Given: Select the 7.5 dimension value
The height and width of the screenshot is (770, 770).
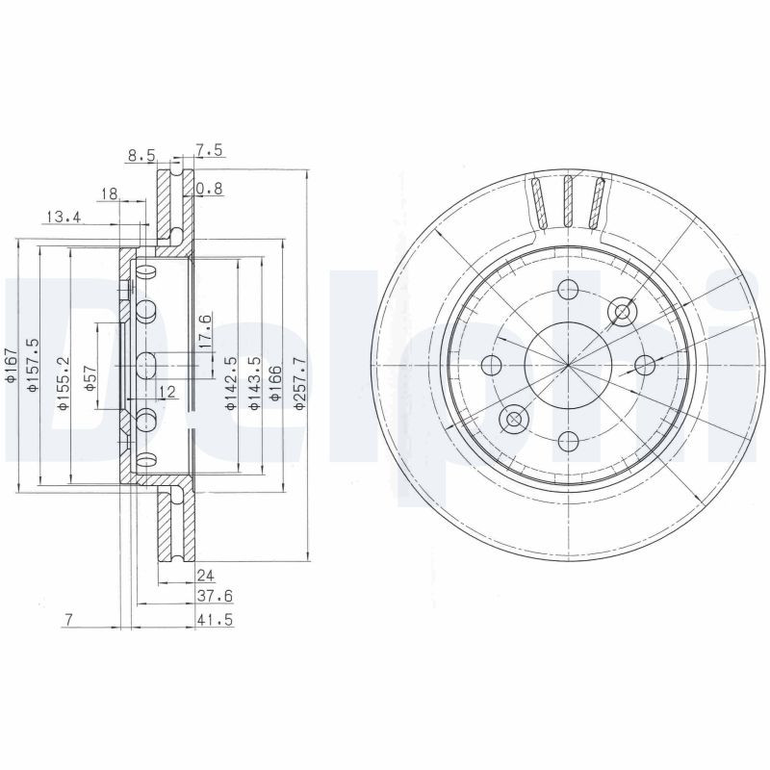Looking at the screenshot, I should [x=210, y=149].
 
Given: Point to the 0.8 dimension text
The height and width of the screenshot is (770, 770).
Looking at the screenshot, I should [x=209, y=190].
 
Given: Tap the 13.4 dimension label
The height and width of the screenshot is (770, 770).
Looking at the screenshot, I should [x=63, y=218].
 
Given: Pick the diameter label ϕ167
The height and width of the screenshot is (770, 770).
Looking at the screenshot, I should [x=11, y=367].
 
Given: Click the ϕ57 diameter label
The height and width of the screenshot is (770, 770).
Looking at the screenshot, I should [x=90, y=376].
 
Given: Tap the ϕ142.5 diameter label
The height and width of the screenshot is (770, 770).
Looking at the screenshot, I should [x=230, y=384].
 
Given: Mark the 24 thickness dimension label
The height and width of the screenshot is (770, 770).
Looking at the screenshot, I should [x=203, y=577].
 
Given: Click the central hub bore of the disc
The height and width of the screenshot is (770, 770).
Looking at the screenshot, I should [x=568, y=364].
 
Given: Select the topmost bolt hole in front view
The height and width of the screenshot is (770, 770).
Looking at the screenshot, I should [x=568, y=288].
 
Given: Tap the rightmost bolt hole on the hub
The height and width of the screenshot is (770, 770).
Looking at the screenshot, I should [x=645, y=364].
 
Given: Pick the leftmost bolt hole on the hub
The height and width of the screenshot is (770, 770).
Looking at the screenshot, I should [x=492, y=364].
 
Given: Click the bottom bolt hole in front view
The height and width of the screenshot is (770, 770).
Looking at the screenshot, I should [x=568, y=441].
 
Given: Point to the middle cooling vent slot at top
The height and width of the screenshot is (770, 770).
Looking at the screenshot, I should [x=568, y=201].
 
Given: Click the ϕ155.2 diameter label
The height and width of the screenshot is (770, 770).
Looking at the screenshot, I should [x=62, y=384].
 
